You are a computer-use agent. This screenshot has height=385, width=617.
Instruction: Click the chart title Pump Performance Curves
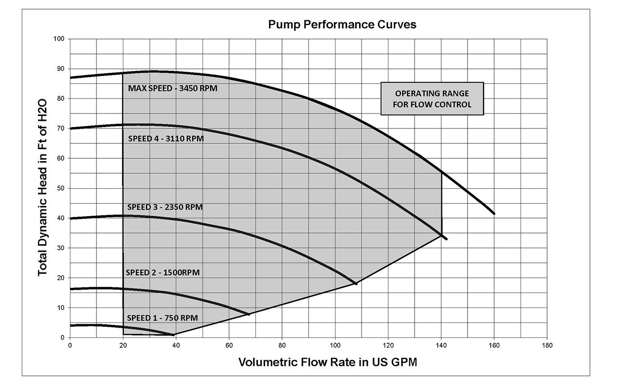(342, 25)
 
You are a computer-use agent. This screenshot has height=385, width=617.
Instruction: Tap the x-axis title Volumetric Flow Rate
(327, 362)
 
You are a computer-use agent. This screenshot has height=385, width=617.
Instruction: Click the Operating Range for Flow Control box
(432, 99)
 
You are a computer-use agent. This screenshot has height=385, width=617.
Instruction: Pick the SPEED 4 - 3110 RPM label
(166, 139)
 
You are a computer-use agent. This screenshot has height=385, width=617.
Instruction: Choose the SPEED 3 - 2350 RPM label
(165, 207)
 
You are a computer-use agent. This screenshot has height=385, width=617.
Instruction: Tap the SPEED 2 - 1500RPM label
(162, 272)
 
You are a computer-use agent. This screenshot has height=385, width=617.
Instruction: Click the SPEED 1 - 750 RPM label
(162, 318)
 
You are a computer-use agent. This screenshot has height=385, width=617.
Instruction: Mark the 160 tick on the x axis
(494, 346)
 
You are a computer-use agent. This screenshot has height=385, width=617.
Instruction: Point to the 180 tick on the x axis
(547, 346)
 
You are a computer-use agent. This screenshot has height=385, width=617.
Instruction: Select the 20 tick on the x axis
(123, 346)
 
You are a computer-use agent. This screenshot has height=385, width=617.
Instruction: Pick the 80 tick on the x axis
(282, 346)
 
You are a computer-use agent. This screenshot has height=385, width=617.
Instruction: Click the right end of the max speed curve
(494, 214)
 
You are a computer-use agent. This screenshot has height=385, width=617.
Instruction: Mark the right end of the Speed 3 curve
(356, 284)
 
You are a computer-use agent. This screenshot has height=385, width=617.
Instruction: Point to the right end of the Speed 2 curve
(249, 314)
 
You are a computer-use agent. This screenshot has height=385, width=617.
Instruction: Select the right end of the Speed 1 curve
(174, 334)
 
